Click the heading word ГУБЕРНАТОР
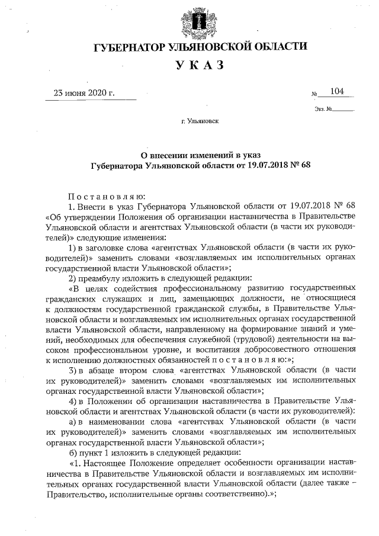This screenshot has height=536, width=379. click(133, 47)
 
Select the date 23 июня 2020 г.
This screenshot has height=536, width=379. click(84, 93)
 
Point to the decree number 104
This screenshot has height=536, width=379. click(338, 92)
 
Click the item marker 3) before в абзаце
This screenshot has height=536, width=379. click(72, 370)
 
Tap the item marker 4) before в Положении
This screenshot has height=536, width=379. click(72, 401)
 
